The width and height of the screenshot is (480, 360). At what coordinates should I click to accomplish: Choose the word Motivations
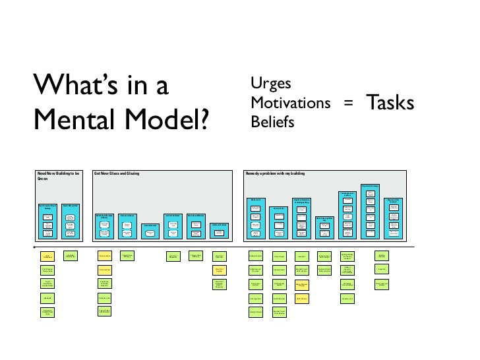(290, 103)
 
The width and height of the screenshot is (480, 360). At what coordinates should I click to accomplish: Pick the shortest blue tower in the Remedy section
(324, 226)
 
